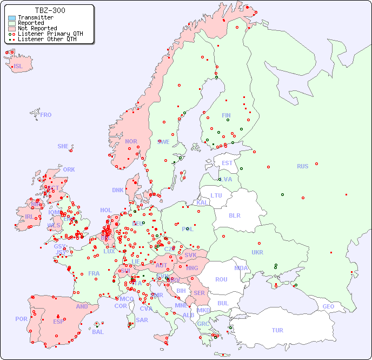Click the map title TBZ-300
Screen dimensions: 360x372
point(50,10)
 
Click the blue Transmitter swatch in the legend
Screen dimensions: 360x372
point(12,18)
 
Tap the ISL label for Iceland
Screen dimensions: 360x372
point(18,67)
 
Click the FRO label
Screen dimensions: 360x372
point(46,115)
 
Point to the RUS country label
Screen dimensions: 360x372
point(302,166)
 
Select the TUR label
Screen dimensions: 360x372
point(277,330)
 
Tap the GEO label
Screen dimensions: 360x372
point(328,306)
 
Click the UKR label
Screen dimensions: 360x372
point(257,252)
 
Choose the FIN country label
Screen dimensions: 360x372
point(226,115)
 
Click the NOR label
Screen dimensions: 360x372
point(131,141)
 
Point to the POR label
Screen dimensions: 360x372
point(21,319)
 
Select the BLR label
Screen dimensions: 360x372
point(234,215)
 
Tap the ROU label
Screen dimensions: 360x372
point(221,279)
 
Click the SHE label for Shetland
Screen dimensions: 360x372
point(63,146)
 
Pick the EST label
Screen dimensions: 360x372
point(227,163)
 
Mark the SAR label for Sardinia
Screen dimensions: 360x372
point(142,320)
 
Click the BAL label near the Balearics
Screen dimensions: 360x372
point(97,332)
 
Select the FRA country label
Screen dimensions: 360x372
point(94,273)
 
